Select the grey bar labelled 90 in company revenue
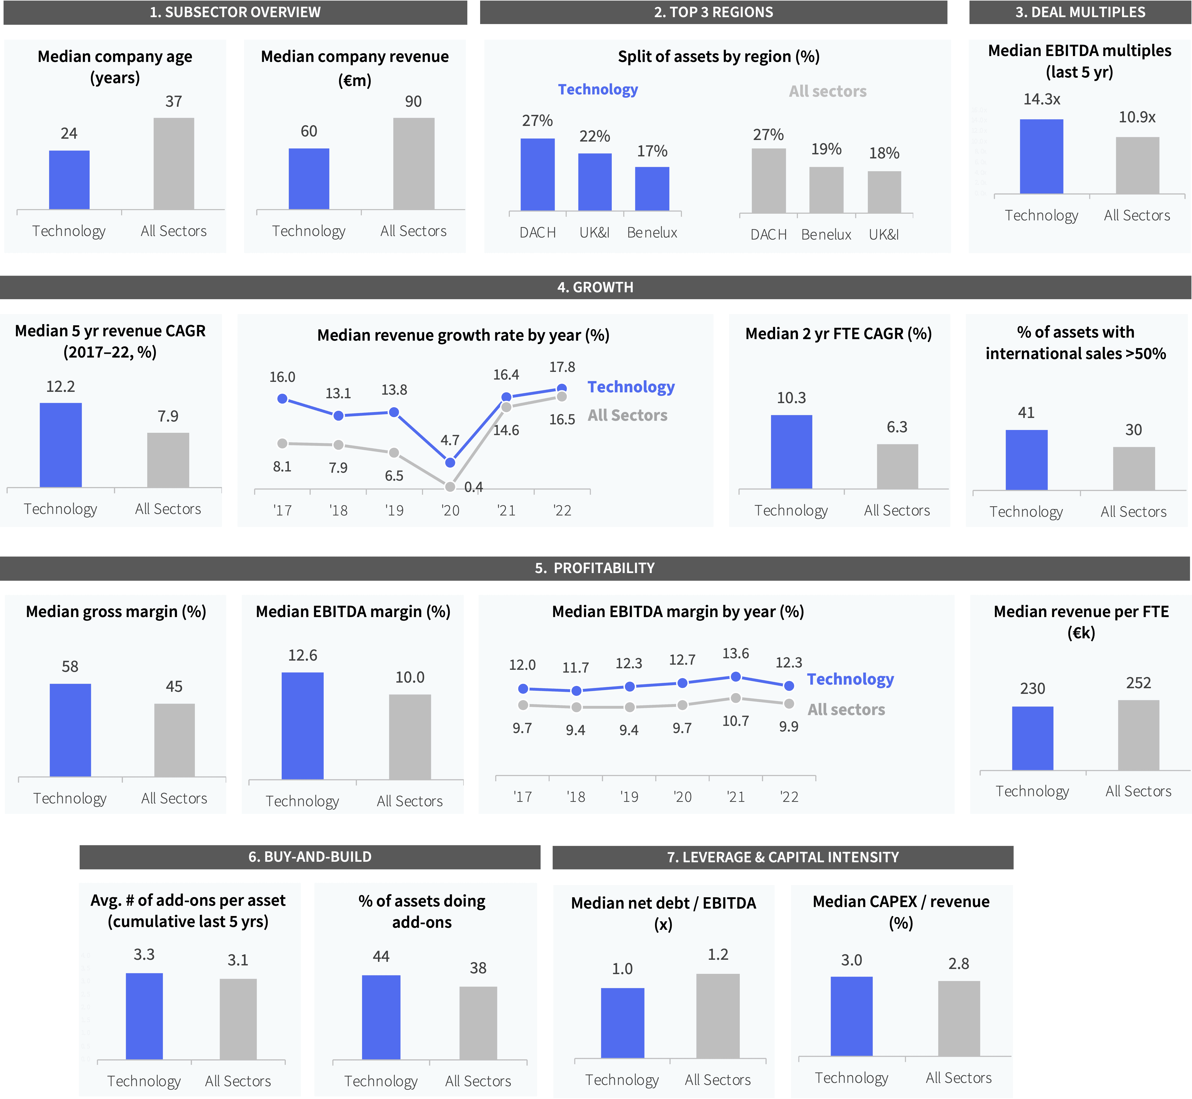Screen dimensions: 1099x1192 click(414, 164)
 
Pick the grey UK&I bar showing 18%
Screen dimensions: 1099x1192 click(884, 192)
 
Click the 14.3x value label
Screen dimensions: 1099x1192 click(1041, 99)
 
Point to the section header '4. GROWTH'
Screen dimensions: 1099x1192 click(595, 287)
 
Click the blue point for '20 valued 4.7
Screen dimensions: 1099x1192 click(450, 462)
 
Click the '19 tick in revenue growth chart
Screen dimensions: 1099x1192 click(394, 510)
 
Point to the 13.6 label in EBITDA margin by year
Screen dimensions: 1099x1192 click(735, 654)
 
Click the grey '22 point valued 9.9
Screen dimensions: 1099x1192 click(789, 704)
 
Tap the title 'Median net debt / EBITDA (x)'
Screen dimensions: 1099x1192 click(663, 913)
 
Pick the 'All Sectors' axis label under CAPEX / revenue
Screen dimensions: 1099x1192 click(959, 1078)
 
